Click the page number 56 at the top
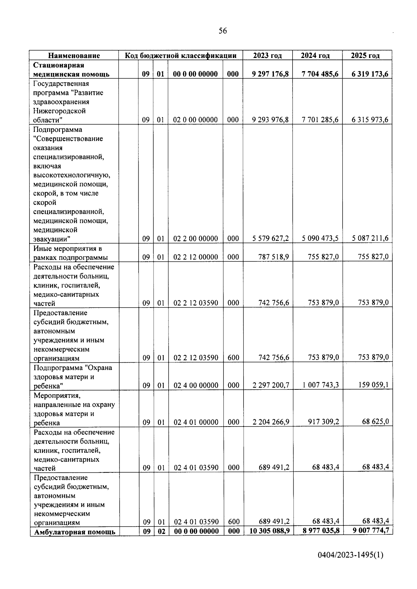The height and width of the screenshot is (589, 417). (223, 31)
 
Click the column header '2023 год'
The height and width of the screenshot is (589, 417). (267, 56)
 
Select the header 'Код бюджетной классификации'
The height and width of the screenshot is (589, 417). (181, 56)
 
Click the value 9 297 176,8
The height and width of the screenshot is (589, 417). (271, 74)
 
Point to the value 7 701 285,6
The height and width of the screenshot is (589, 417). (320, 120)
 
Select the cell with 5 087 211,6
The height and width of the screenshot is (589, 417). (370, 238)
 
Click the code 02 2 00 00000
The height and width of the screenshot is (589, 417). (196, 239)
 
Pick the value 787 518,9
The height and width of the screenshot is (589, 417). (274, 257)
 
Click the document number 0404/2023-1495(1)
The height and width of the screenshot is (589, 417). (351, 565)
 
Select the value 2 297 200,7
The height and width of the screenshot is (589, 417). (271, 385)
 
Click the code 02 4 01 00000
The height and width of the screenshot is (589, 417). (196, 422)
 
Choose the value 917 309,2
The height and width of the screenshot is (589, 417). (324, 422)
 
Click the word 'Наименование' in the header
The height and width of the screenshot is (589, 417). (74, 56)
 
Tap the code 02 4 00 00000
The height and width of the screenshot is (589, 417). (196, 385)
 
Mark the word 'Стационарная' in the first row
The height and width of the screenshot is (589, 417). (59, 65)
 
